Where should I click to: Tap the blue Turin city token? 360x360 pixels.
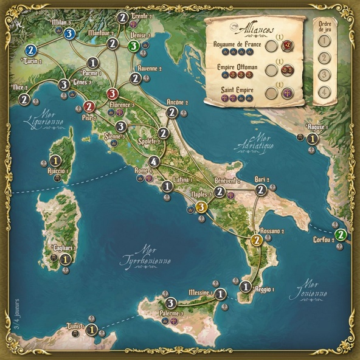pyautogui.click(x=32, y=50)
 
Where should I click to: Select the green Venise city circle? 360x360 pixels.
pyautogui.click(x=134, y=46)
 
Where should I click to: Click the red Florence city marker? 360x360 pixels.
pyautogui.click(x=112, y=94)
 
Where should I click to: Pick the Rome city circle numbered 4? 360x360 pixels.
pyautogui.click(x=154, y=162)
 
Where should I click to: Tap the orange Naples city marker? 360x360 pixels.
pyautogui.click(x=202, y=207)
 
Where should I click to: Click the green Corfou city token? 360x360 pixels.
pyautogui.click(x=341, y=235)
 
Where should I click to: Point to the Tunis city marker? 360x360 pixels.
pyautogui.click(x=91, y=330)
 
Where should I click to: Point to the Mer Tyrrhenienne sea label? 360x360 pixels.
pyautogui.click(x=151, y=255)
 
